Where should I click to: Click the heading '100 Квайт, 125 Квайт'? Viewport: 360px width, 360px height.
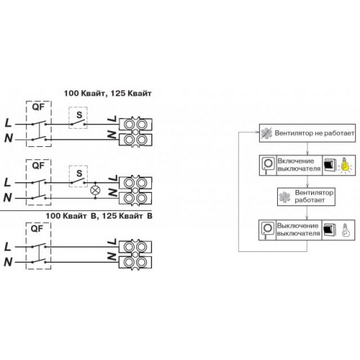107,94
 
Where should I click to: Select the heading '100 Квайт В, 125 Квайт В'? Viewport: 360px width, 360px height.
99,216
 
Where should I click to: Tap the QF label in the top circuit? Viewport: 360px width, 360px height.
38,107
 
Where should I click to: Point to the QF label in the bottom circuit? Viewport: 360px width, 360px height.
37,229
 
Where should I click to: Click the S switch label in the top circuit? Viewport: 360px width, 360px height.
79,115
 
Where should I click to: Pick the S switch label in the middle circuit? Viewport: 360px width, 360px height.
79,174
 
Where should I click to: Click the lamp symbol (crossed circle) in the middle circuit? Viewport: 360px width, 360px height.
95,191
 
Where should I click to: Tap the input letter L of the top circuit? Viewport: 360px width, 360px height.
8,123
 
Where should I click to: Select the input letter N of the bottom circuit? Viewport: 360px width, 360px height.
8,262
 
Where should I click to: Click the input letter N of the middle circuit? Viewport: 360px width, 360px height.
7,197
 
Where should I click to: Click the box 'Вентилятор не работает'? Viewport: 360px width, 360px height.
307,133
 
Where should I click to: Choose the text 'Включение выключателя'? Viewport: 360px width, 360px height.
299,165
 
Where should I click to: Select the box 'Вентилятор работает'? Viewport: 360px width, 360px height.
306,197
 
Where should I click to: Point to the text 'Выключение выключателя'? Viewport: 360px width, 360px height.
298,230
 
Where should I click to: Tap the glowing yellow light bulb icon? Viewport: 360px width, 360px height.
345,165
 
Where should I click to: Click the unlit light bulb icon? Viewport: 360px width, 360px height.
345,230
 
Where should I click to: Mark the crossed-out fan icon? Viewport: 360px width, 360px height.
266,133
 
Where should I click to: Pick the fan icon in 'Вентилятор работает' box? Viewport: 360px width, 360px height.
284,197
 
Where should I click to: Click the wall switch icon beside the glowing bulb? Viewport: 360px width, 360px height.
328,165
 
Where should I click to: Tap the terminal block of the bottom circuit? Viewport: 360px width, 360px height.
135,254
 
